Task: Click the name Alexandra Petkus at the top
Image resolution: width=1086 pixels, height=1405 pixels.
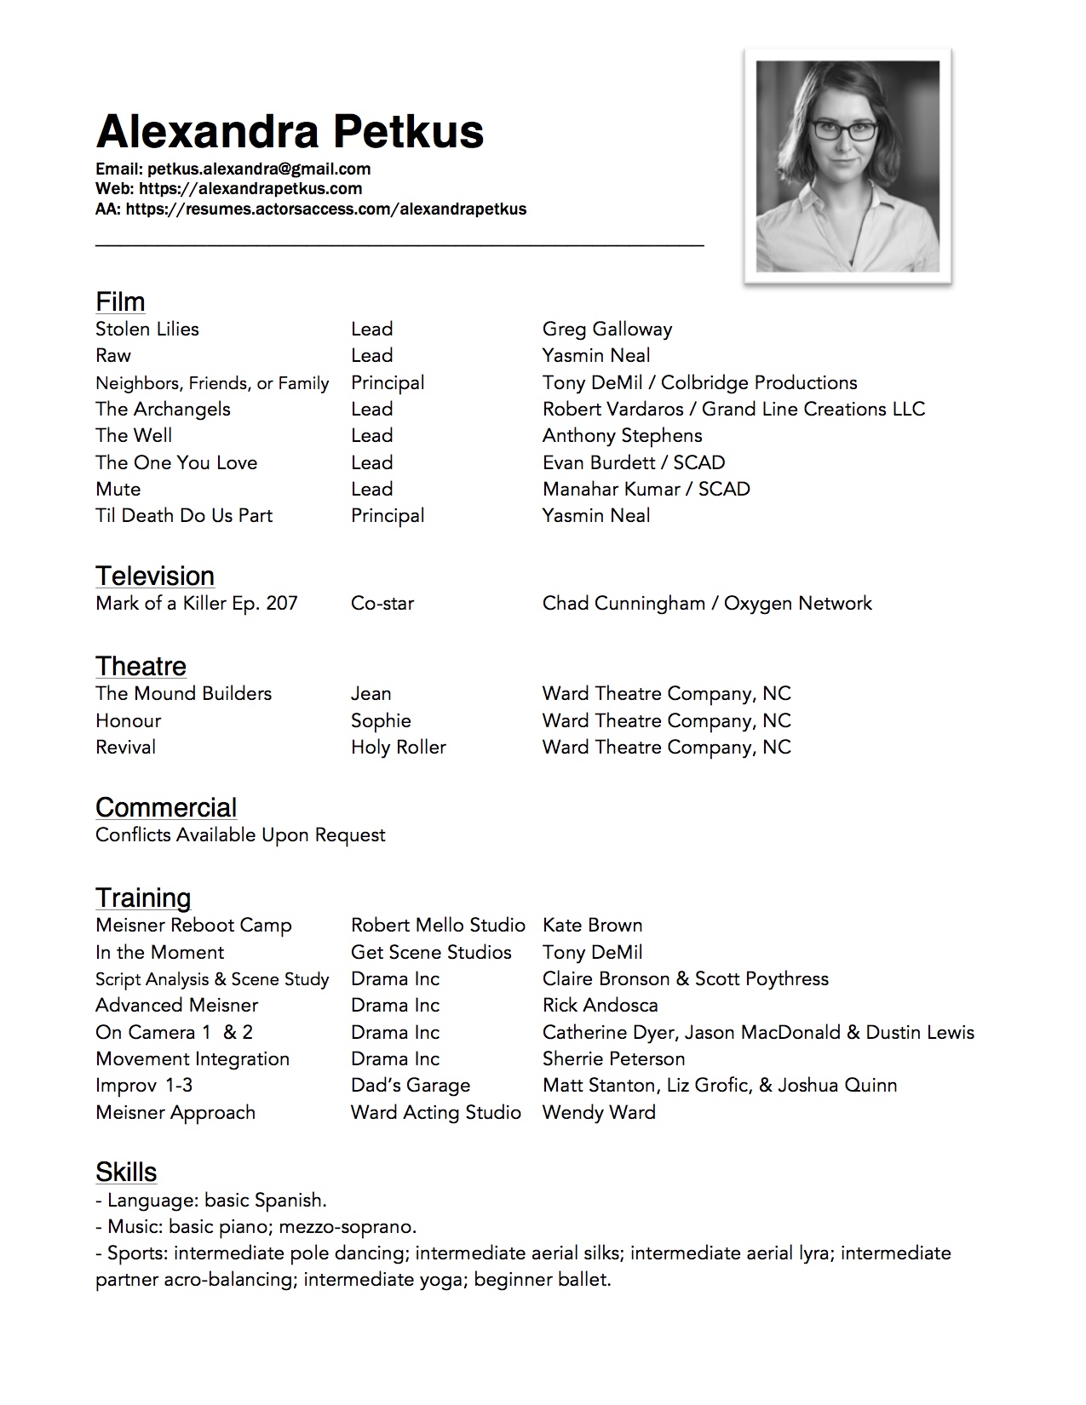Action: click(x=290, y=132)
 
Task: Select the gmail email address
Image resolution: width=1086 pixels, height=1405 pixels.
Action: click(x=258, y=169)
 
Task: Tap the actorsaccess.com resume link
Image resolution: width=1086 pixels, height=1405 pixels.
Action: click(x=326, y=209)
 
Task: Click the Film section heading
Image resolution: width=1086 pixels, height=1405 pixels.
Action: click(x=120, y=301)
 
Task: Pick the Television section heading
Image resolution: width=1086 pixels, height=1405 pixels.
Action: click(x=154, y=576)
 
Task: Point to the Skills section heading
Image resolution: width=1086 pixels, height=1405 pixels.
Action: click(x=126, y=1172)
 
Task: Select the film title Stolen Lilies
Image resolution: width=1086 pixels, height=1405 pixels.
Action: click(x=147, y=329)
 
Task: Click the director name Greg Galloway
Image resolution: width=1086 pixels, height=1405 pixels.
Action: click(x=607, y=329)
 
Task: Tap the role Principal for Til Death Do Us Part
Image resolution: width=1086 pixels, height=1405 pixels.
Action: click(x=388, y=515)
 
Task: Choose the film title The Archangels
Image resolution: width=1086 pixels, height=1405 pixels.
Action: click(x=163, y=409)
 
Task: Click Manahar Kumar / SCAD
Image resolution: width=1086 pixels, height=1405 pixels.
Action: click(x=646, y=489)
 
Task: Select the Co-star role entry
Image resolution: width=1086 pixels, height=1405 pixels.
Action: click(x=382, y=603)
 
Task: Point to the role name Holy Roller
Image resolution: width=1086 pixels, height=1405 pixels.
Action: click(x=399, y=747)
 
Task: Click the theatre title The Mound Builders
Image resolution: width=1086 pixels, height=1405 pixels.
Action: click(x=183, y=693)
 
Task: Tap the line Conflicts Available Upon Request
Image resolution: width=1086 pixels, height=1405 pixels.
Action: click(x=240, y=834)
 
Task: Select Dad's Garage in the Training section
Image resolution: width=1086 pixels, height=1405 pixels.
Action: click(x=411, y=1085)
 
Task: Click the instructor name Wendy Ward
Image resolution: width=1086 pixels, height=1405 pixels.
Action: click(x=599, y=1112)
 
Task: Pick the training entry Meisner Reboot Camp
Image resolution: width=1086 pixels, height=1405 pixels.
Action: click(x=193, y=925)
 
